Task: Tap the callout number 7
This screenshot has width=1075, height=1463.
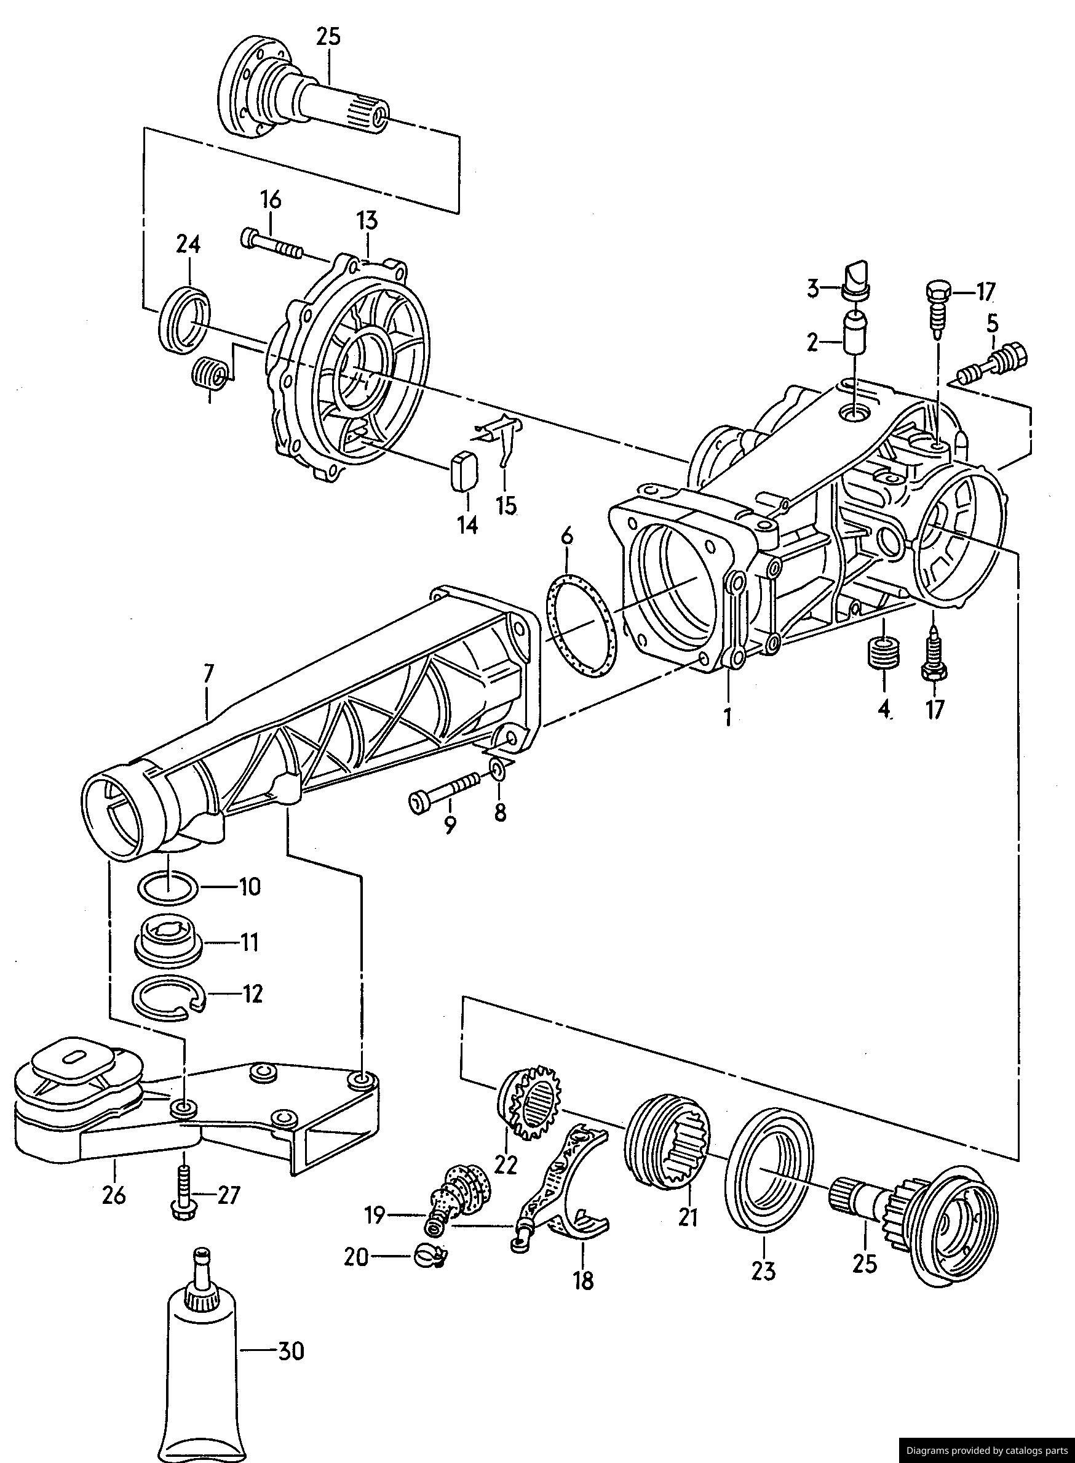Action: pos(208,674)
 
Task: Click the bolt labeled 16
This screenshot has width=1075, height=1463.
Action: pos(272,244)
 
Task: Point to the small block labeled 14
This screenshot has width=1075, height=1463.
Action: pos(463,470)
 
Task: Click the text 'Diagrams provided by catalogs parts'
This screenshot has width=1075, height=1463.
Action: pos(986,1450)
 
